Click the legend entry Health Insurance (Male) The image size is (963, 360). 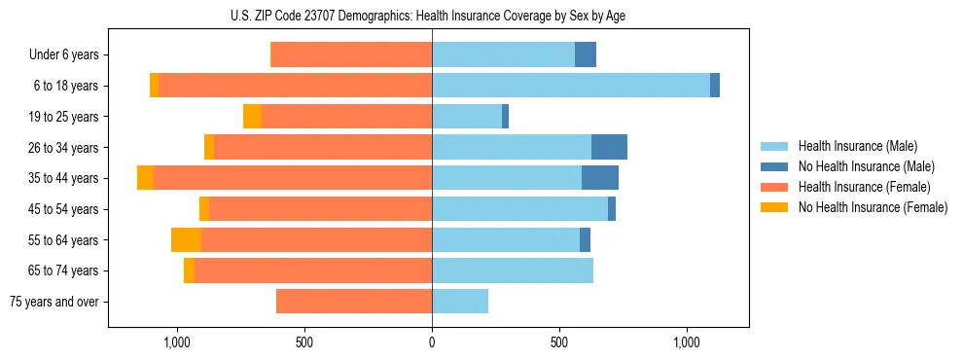[857, 146]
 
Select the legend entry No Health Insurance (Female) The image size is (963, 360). [873, 207]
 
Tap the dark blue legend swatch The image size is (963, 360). [775, 166]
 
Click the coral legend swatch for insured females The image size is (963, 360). [775, 187]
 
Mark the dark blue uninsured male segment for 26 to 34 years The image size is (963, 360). [609, 147]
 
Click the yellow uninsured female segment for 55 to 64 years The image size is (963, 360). [186, 239]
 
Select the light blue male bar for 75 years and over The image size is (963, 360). [460, 302]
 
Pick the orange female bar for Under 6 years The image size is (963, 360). [351, 55]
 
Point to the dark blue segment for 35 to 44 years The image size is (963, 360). [600, 178]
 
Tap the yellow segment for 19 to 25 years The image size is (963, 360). [252, 117]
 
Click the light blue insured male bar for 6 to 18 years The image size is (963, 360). [571, 86]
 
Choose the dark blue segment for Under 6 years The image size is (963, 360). [586, 55]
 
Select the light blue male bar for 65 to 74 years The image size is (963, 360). [513, 270]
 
